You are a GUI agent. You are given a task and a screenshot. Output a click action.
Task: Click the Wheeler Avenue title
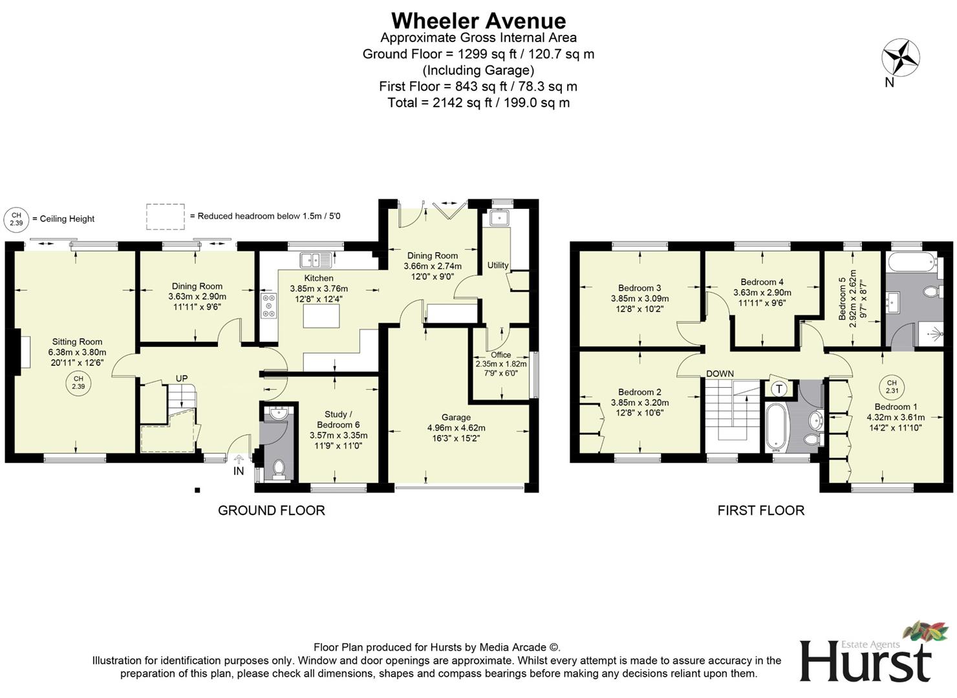(x=478, y=21)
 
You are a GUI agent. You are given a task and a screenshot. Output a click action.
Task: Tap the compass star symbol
(x=900, y=57)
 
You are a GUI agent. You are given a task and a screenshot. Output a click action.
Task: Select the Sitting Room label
(x=77, y=342)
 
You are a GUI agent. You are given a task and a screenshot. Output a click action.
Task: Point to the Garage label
(x=456, y=418)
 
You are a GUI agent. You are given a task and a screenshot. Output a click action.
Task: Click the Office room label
(x=500, y=355)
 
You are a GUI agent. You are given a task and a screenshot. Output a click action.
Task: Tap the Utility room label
(x=498, y=265)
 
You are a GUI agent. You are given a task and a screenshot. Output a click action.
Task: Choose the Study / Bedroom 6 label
(x=338, y=419)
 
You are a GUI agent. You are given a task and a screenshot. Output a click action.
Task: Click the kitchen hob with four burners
(x=268, y=306)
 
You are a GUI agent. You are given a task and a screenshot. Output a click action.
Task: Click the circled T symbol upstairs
(x=779, y=388)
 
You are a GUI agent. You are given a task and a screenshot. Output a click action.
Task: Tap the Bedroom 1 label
(x=896, y=407)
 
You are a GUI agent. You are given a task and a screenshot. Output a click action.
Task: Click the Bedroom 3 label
(x=639, y=288)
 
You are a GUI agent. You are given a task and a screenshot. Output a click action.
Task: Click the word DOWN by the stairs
(x=720, y=374)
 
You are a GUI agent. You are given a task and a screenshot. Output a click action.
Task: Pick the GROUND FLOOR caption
(x=271, y=511)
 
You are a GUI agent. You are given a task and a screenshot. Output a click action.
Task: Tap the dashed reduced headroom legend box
(x=165, y=217)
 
